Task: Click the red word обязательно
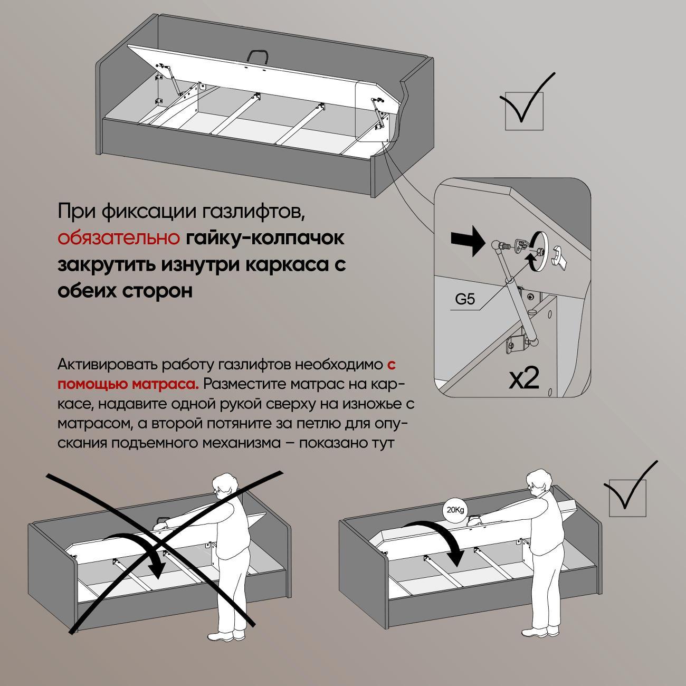coord(119,238)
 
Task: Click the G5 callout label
coord(465,299)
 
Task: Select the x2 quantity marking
coord(524,379)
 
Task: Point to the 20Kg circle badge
coord(455,510)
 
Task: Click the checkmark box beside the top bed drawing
coord(524,111)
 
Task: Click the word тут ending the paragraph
coord(382,444)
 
